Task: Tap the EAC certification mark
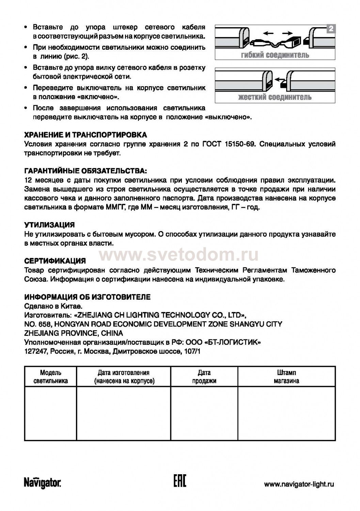tap(180, 482)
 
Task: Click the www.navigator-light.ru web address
tap(299, 484)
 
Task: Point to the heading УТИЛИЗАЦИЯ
tap(49, 225)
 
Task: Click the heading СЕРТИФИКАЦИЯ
tap(55, 261)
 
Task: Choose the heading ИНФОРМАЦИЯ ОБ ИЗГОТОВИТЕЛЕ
tap(88, 297)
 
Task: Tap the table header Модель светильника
tap(51, 377)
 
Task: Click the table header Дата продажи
tap(204, 377)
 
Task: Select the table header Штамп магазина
tap(286, 377)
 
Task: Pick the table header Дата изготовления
tap(124, 377)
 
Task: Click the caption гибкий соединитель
tap(275, 55)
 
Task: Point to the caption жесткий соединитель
tap(275, 97)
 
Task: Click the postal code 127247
tap(36, 351)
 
